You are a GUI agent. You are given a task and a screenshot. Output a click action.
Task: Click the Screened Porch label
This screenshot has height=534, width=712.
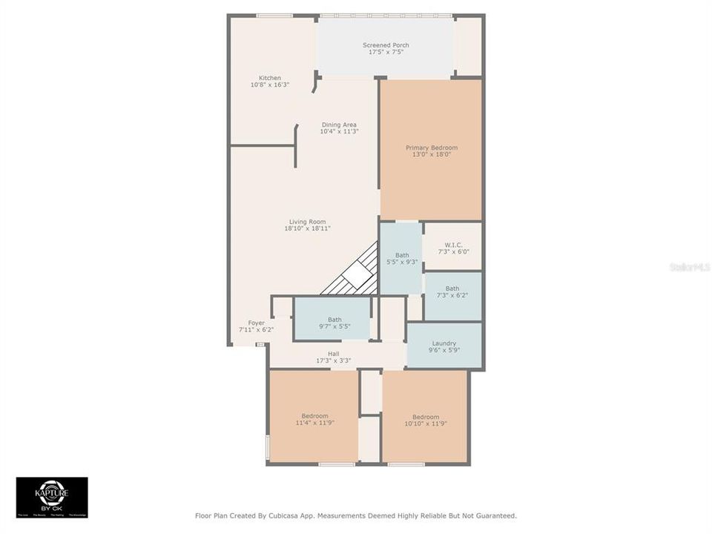pos(386,45)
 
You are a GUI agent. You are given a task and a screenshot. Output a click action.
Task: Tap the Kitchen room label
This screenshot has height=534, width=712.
pos(269,78)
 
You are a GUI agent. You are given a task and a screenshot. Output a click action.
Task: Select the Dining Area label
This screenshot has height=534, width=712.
pos(339,125)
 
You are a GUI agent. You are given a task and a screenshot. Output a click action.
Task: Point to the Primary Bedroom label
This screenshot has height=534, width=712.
pos(431,148)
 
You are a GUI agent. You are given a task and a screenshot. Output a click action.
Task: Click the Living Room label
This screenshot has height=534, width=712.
pos(307,222)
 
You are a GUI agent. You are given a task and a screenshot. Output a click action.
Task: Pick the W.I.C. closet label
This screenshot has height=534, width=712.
pos(453,245)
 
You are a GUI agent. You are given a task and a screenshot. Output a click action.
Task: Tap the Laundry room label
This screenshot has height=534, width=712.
pos(444,343)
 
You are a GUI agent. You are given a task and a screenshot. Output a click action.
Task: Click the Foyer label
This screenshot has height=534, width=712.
pos(256,323)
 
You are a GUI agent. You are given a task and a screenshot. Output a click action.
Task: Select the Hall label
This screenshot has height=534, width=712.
pos(333,354)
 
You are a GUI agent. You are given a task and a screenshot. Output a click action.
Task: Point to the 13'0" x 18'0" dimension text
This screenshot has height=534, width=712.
pos(431,155)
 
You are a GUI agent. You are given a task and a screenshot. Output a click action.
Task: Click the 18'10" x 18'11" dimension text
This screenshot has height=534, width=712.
pos(307,228)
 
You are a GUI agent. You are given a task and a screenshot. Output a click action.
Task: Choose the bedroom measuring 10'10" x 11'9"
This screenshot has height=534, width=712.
pos(426,420)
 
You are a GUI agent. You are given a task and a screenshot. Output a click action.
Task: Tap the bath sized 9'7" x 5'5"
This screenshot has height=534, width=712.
pos(334,323)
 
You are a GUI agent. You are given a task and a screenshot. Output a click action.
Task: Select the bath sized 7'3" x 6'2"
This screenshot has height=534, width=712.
pos(452,292)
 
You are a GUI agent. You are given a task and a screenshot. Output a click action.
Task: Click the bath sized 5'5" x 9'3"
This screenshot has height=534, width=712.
pos(401,258)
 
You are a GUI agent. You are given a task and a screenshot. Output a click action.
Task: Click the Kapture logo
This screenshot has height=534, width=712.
pos(52,497)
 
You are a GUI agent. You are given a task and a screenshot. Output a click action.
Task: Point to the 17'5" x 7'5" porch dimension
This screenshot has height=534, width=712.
pos(386,53)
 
